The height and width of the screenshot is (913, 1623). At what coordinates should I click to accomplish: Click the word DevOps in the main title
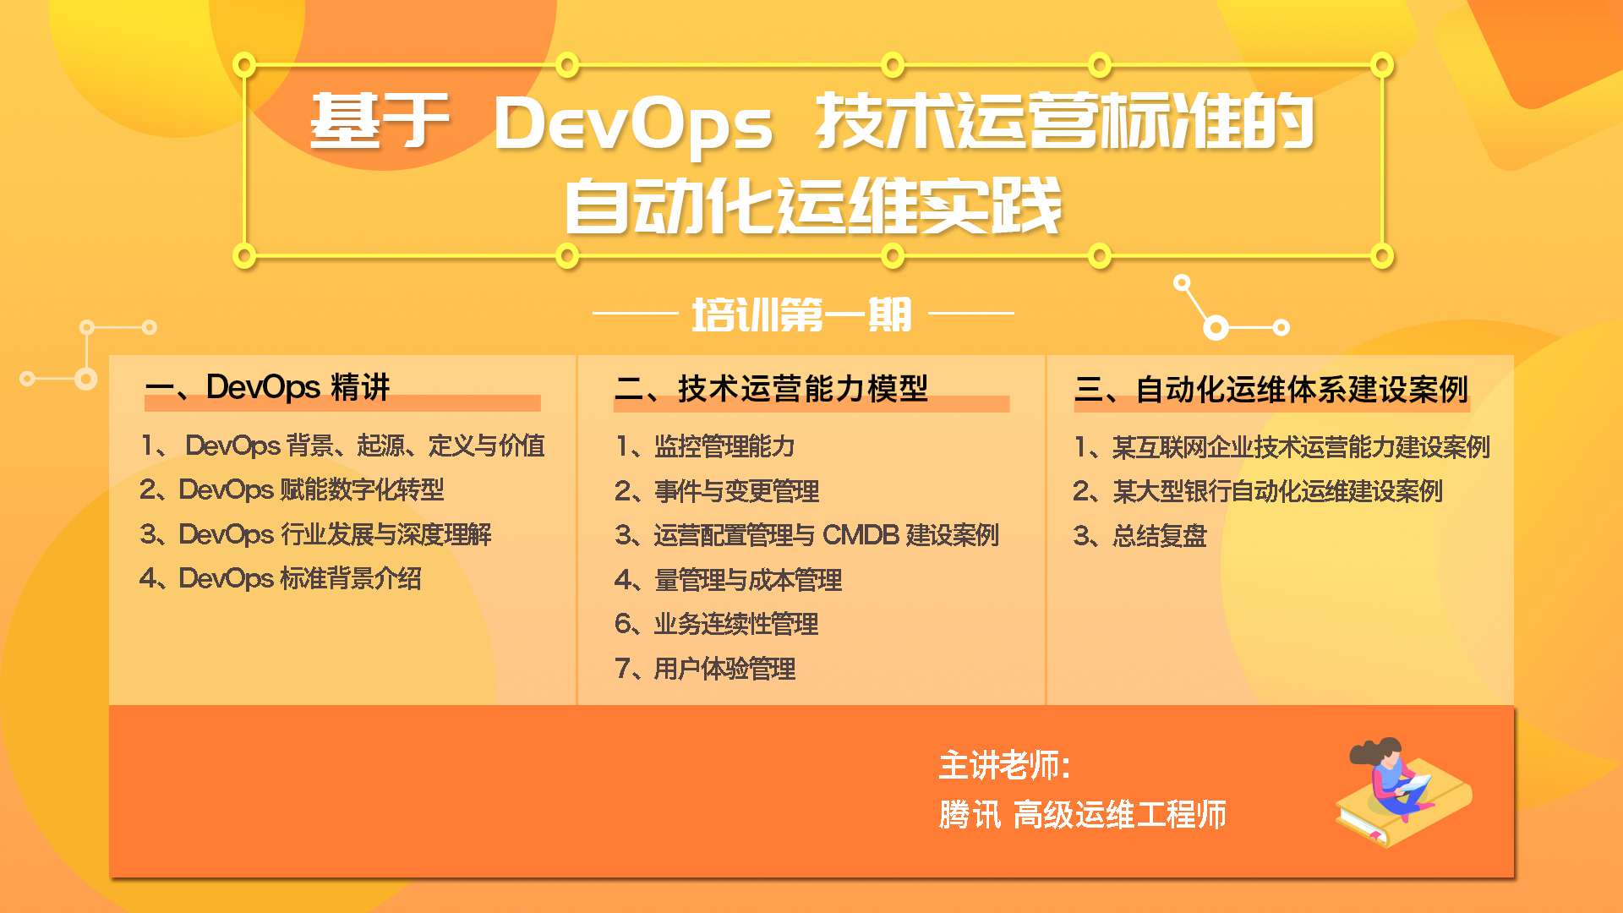[632, 123]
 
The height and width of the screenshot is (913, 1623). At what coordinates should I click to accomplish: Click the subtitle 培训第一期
[801, 314]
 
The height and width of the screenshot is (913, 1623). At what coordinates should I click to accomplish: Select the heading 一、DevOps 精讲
[267, 387]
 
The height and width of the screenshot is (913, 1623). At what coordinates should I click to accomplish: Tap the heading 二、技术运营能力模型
[771, 389]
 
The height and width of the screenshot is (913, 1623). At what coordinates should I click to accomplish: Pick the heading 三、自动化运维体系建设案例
[1271, 390]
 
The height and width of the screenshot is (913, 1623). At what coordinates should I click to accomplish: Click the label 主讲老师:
[1005, 766]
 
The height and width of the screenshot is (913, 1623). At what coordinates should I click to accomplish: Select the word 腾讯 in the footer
[970, 815]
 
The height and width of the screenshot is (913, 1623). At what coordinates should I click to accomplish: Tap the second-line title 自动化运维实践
[813, 206]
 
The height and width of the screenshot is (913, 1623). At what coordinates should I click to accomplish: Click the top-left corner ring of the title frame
[244, 65]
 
